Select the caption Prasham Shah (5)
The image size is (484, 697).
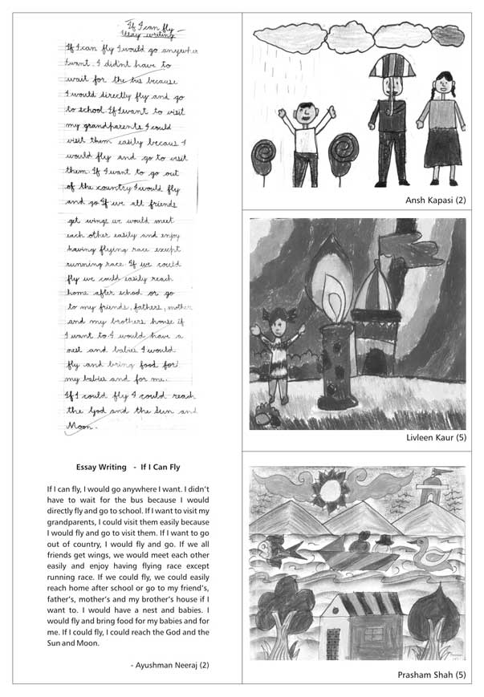[x=432, y=675]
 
